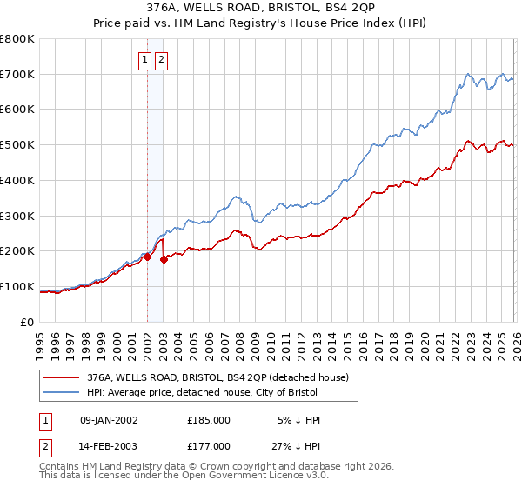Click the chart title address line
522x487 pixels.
click(x=261, y=10)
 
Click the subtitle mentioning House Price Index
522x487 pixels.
click(x=261, y=24)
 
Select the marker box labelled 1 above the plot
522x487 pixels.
click(x=146, y=60)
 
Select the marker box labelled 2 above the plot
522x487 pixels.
click(x=163, y=60)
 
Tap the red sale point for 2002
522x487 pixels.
click(x=147, y=257)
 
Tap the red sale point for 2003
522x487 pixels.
click(x=164, y=259)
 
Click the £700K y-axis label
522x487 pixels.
click(x=17, y=74)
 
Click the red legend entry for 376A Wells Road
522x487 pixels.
click(x=217, y=377)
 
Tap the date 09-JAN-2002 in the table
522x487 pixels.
click(x=109, y=420)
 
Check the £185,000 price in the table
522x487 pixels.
click(x=208, y=420)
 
